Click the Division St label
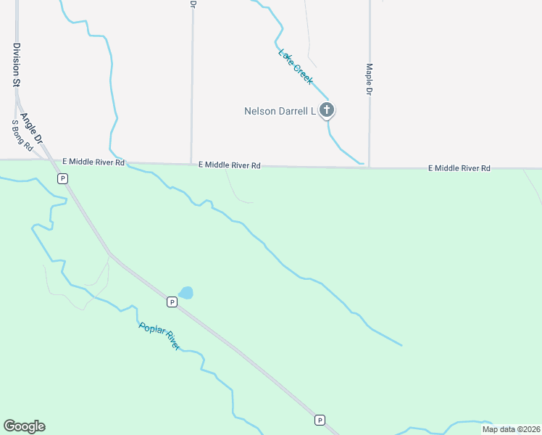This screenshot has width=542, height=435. [x=16, y=65]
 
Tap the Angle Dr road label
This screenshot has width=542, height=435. [x=33, y=128]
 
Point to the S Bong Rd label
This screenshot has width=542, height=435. [x=22, y=136]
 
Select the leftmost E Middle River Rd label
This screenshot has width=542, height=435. [x=93, y=162]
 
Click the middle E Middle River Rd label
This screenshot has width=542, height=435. [x=230, y=165]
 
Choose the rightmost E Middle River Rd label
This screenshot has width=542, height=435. [x=459, y=168]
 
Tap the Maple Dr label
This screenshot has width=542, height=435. [x=369, y=79]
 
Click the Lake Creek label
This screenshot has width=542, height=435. [x=296, y=67]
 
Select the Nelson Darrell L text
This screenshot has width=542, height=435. [x=280, y=111]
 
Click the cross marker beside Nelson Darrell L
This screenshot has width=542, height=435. [x=327, y=110]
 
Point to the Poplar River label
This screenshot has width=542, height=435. [x=159, y=336]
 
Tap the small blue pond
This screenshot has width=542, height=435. [x=186, y=293]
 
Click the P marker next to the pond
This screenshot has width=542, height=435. [x=172, y=301]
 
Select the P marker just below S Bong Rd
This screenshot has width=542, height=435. [x=62, y=178]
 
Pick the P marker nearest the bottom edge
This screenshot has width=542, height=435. [x=319, y=420]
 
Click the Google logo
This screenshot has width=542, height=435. [x=24, y=426]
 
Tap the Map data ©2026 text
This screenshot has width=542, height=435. [x=510, y=429]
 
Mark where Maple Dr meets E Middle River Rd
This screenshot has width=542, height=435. [x=369, y=167]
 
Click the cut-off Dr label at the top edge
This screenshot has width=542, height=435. [x=193, y=4]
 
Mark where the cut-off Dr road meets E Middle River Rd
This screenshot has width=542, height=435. [x=191, y=163]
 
